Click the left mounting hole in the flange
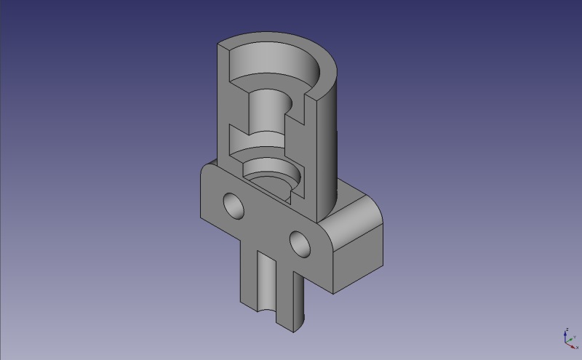tap(234, 205)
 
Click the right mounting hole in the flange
tap(299, 244)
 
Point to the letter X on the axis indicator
tap(578, 348)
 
